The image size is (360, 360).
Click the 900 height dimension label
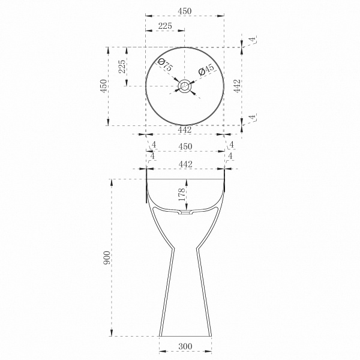[x=107, y=257]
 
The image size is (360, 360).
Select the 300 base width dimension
[x=185, y=346]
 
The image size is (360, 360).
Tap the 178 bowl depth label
[x=182, y=194]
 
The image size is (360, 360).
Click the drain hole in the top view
[x=185, y=86]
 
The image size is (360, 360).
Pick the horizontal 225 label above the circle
[x=165, y=26]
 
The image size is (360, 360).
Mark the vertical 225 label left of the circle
[x=122, y=67]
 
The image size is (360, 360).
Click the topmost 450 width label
[x=185, y=11]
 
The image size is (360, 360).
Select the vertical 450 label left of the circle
[x=104, y=86]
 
